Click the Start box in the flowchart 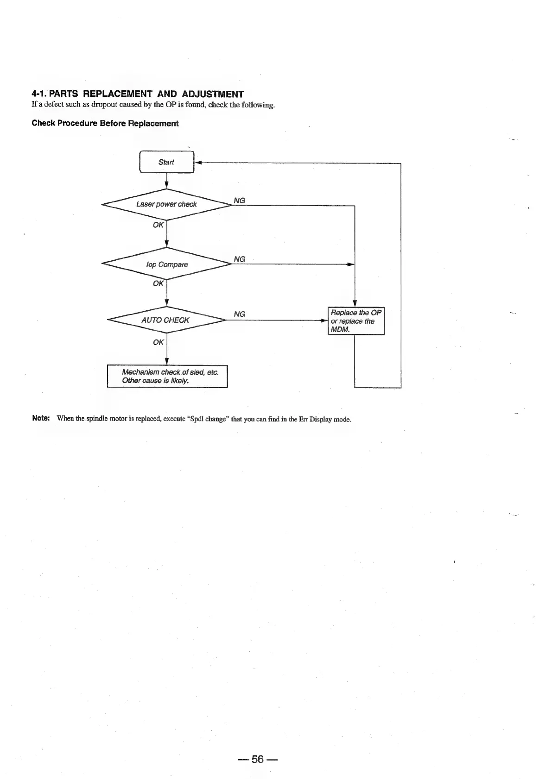click(166, 162)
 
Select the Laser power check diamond click(166, 204)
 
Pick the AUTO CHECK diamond click(165, 320)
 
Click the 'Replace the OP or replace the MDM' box click(356, 321)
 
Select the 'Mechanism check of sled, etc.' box click(167, 376)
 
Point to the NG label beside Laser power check click(239, 201)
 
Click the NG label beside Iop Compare click(239, 259)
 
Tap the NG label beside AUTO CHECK click(239, 314)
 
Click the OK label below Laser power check click(158, 225)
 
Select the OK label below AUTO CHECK click(158, 342)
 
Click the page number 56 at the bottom click(257, 759)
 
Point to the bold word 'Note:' click(41, 419)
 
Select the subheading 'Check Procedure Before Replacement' click(105, 123)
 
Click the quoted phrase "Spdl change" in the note click(207, 420)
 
